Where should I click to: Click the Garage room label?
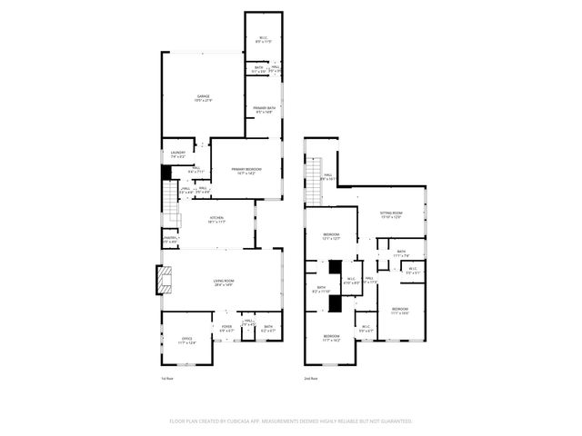[x=204, y=98]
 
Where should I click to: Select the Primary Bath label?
[x=265, y=110]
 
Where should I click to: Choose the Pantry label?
[x=170, y=239]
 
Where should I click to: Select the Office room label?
[x=187, y=342]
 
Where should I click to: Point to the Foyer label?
[x=226, y=329]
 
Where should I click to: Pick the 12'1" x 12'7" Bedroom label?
[x=331, y=237]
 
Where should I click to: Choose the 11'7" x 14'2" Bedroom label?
[x=331, y=339]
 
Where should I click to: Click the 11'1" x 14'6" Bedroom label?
[x=400, y=312]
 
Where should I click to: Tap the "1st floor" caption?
[x=167, y=378]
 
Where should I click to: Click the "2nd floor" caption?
[x=311, y=378]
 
